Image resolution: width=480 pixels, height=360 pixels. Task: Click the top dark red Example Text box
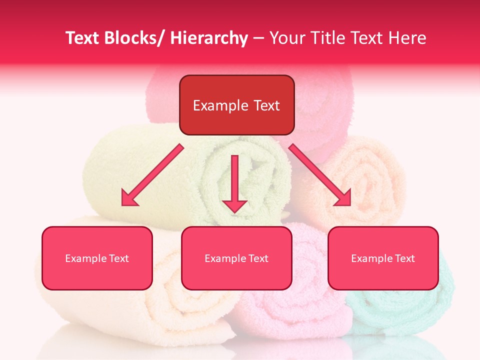pos(236,105)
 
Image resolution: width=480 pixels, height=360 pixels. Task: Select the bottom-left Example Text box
pos(97,258)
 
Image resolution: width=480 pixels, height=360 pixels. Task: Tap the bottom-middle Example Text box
pos(236,258)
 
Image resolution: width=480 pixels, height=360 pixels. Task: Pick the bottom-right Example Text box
pos(383,258)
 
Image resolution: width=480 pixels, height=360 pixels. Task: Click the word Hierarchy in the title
pos(209,38)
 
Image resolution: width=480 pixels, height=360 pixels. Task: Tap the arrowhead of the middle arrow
pos(234,205)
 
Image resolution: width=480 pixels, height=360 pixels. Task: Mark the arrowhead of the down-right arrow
pos(343,198)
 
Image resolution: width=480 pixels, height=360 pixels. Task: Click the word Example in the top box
pos(220,105)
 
